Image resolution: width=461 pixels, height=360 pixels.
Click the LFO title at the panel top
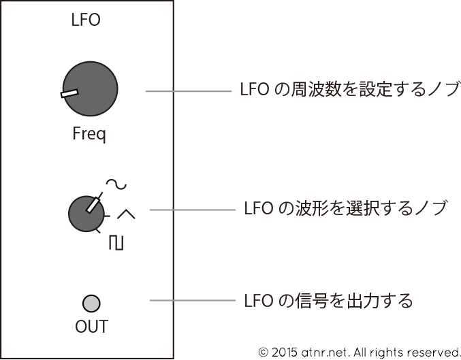[85, 20]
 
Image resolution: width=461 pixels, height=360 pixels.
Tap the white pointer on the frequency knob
[69, 93]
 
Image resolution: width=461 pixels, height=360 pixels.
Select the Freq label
[89, 134]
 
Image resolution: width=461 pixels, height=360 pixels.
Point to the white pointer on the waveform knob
[92, 203]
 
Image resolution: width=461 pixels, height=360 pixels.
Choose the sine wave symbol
[116, 184]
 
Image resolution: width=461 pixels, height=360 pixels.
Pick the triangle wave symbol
[126, 214]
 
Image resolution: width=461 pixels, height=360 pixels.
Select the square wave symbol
[116, 242]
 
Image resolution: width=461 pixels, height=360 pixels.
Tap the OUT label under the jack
[91, 327]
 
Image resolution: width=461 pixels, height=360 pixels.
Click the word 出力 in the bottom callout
[362, 300]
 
